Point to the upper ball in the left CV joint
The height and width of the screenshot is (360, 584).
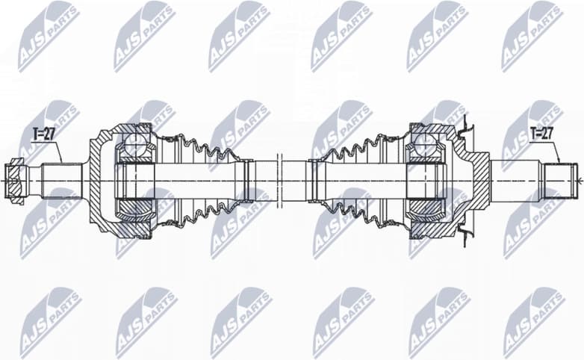(135, 142)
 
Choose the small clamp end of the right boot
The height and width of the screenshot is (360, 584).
(313, 181)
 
